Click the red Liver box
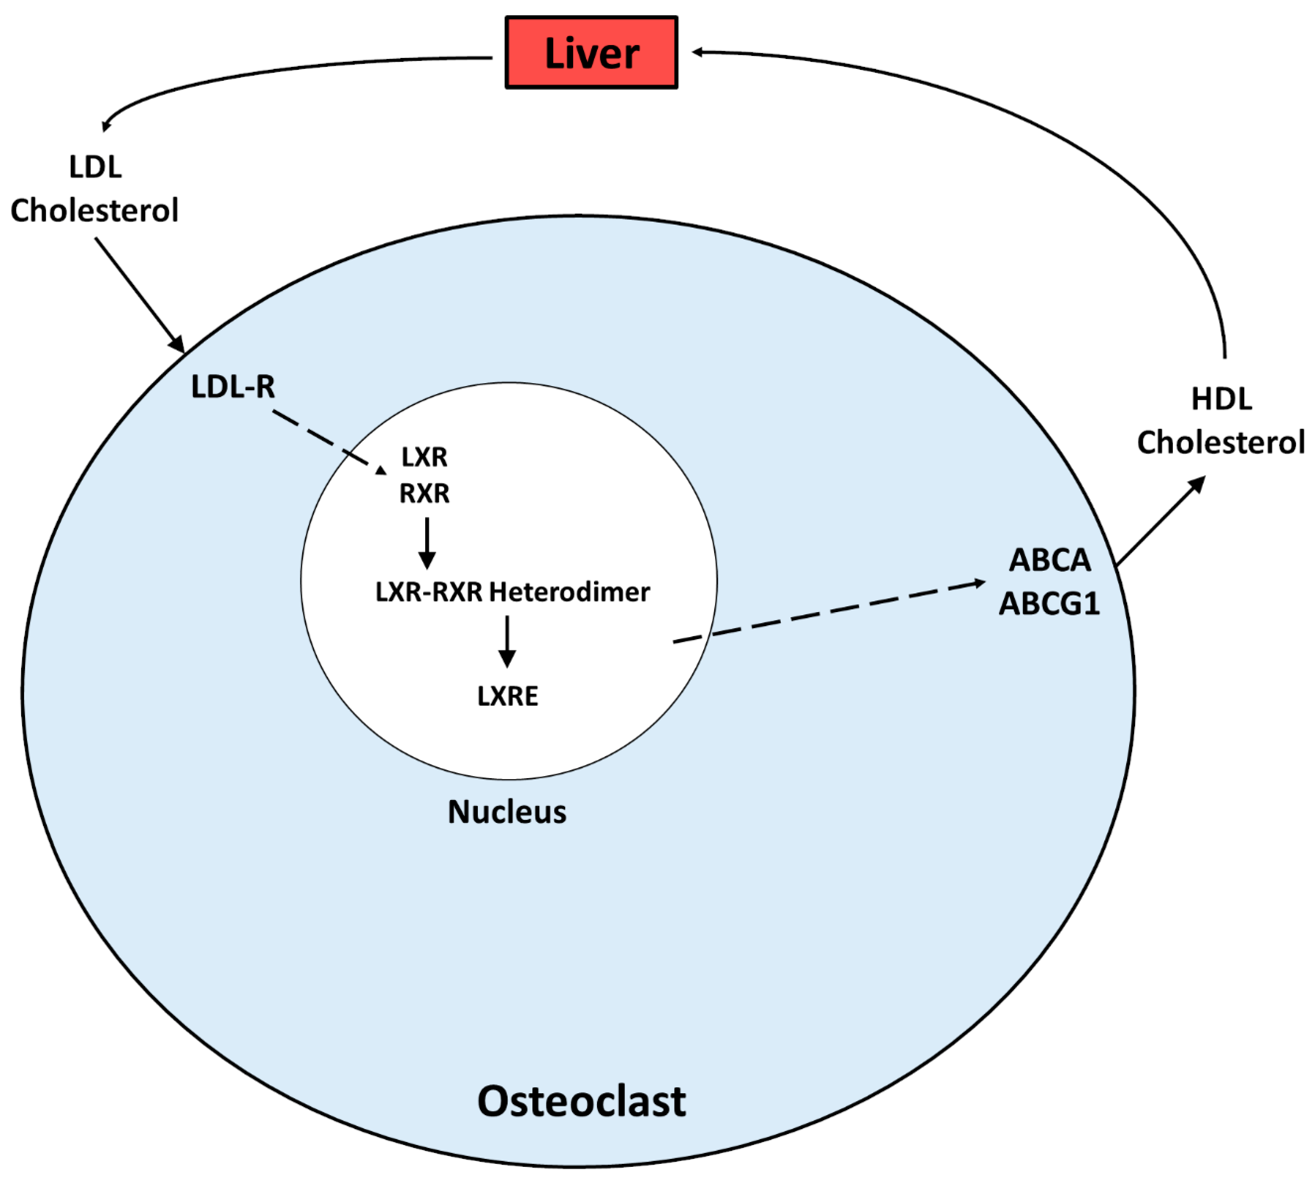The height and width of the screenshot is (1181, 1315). point(591,52)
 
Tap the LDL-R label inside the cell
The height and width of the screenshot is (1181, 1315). point(232,387)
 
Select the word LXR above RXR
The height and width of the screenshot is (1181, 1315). point(424,457)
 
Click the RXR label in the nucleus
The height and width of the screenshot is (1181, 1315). point(424,494)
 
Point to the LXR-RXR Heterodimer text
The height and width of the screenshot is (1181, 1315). point(512,592)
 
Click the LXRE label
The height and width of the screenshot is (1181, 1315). point(508,696)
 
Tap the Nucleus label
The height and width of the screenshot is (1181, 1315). point(507,812)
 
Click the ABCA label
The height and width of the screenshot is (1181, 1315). point(1050,560)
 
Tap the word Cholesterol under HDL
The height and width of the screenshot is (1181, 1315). point(1220,443)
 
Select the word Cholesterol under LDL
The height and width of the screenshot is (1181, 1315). point(94,211)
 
